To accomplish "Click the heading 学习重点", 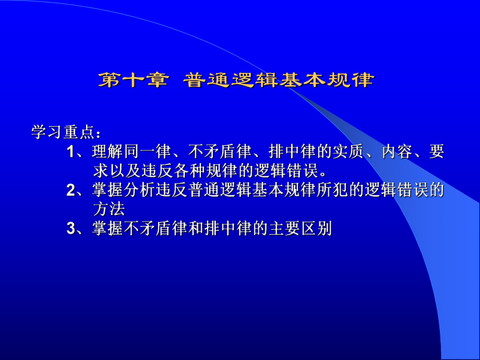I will coord(60,131).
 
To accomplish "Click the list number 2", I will coord(71,190).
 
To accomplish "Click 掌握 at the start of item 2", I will coord(105,190).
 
